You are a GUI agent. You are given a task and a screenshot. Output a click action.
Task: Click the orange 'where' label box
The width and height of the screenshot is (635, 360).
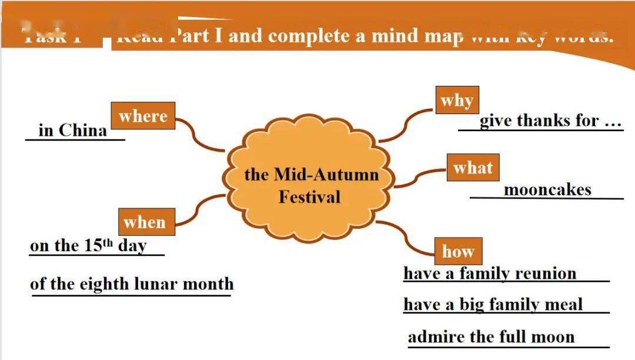tap(143, 116)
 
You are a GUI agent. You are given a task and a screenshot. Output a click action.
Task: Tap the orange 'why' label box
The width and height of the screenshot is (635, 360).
tap(457, 101)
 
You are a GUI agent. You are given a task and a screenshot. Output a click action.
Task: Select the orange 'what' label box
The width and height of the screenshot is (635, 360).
tap(473, 168)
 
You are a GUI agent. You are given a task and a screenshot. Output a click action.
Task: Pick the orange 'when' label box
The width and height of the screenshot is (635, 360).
tap(145, 222)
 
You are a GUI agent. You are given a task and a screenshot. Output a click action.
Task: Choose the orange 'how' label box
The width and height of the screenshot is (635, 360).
tap(458, 252)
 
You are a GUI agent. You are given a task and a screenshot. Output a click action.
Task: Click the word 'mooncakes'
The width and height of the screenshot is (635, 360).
tap(547, 190)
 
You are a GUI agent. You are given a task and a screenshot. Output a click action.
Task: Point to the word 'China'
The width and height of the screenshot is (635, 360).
tap(83, 130)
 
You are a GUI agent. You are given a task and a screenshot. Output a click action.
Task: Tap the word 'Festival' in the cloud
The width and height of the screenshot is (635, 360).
tap(309, 196)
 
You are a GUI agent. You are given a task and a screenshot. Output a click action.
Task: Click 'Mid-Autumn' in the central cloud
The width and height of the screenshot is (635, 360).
tap(326, 175)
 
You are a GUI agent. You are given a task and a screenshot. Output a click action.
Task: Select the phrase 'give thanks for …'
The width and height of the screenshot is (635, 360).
tap(550, 121)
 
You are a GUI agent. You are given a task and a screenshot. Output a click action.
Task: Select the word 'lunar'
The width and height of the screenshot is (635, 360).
tap(156, 284)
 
